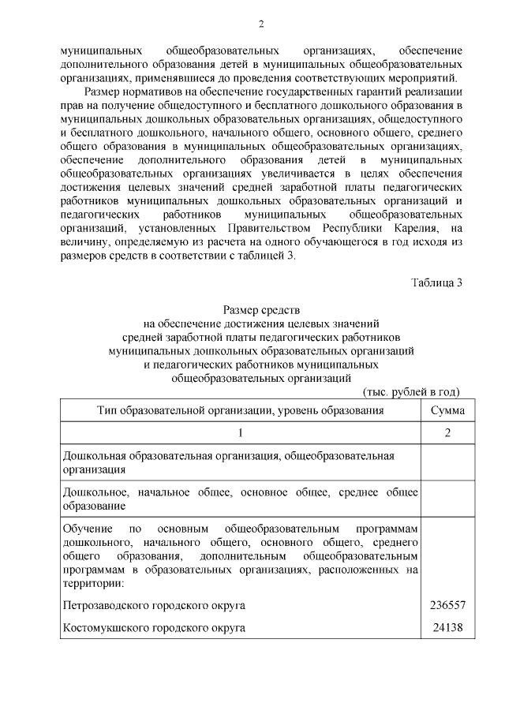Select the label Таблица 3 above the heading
436,284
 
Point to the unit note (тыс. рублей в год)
411,392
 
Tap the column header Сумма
447,410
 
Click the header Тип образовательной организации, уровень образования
241,410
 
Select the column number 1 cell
241,433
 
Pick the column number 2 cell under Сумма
447,433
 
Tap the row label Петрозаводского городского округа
154,605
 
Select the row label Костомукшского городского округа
154,628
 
